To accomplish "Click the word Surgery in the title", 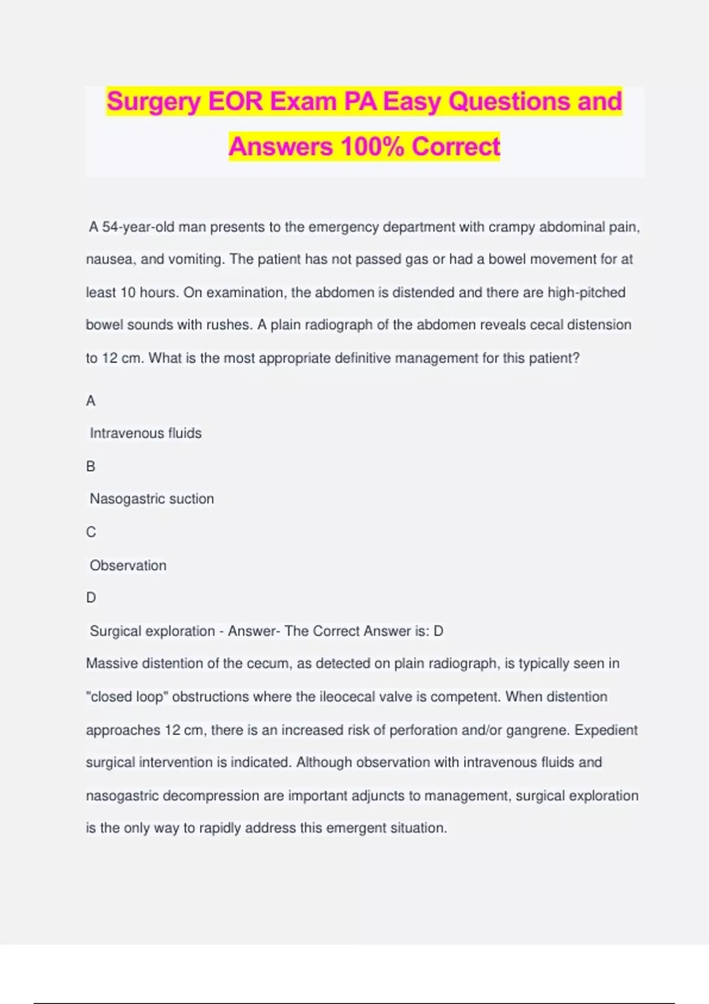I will (x=154, y=102).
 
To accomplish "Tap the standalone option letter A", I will (x=90, y=401).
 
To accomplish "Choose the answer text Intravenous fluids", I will (x=145, y=433).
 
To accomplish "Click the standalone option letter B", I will (x=90, y=467).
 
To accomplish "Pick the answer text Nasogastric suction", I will (x=152, y=499).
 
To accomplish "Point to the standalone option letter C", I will (x=90, y=532).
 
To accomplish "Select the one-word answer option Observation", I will (x=128, y=565).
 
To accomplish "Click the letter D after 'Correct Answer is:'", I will (x=438, y=631).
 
